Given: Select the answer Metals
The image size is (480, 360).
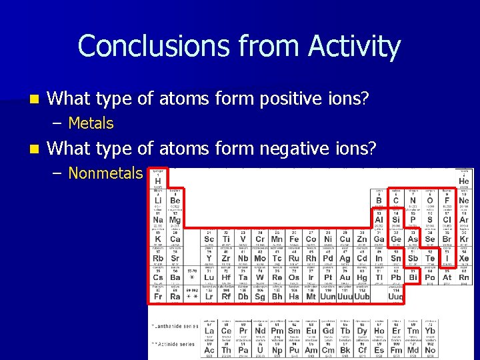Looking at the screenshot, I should tap(91, 123).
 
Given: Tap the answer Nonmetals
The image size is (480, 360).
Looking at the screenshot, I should tap(105, 173).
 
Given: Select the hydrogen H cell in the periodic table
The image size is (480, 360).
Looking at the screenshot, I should tap(158, 180).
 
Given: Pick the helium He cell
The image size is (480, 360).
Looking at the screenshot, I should tap(463, 180).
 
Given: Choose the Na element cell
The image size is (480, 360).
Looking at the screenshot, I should tap(158, 219).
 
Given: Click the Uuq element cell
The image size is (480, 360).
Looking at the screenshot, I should tap(395, 295).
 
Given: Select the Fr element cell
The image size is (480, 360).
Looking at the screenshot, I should tap(158, 295).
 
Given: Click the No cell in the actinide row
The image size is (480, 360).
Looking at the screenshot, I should tap(430, 349).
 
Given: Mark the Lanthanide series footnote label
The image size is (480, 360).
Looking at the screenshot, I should tap(175, 326).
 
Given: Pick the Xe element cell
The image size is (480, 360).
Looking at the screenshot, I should tap(463, 257).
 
